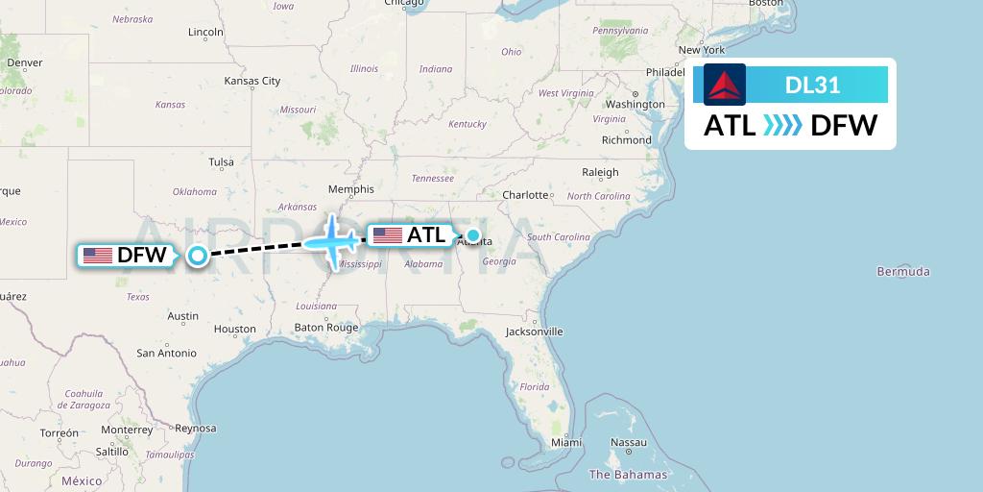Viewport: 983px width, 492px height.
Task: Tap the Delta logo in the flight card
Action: [x=724, y=85]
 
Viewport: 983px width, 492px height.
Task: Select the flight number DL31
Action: [x=812, y=85]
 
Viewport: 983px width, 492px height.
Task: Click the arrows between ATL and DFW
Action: [x=782, y=126]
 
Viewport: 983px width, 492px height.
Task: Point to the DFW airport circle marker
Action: [x=198, y=255]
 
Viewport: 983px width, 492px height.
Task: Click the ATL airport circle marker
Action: [x=473, y=234]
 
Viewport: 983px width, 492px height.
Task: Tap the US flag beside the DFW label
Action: [x=98, y=256]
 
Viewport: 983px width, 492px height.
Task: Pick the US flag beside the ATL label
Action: [x=388, y=235]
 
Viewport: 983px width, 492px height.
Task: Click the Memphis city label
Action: [x=350, y=189]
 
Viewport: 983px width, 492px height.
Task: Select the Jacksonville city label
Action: [x=535, y=332]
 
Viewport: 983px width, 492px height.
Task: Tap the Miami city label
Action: [x=566, y=442]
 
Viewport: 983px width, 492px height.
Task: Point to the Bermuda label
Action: [x=902, y=272]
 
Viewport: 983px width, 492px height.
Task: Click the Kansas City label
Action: [x=252, y=81]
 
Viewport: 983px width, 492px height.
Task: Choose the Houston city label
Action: [x=235, y=329]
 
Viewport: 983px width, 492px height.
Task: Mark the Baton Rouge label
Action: [x=325, y=328]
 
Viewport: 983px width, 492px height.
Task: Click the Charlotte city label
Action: [x=525, y=195]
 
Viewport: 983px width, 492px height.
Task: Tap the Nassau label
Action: [x=629, y=443]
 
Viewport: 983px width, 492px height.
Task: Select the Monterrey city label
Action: [x=127, y=430]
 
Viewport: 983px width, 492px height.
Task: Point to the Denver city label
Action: [x=25, y=62]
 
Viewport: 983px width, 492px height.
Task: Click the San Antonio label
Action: [x=166, y=354]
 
